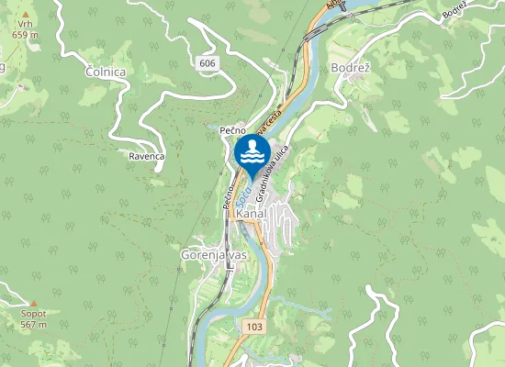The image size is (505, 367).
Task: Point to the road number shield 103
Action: [254, 327]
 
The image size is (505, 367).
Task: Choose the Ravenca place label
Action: [146, 156]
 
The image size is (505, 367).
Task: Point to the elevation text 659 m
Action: [25, 34]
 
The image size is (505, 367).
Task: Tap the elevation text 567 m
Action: [34, 324]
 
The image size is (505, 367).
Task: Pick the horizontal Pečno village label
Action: [231, 131]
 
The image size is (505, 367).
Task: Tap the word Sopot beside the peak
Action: [34, 314]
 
